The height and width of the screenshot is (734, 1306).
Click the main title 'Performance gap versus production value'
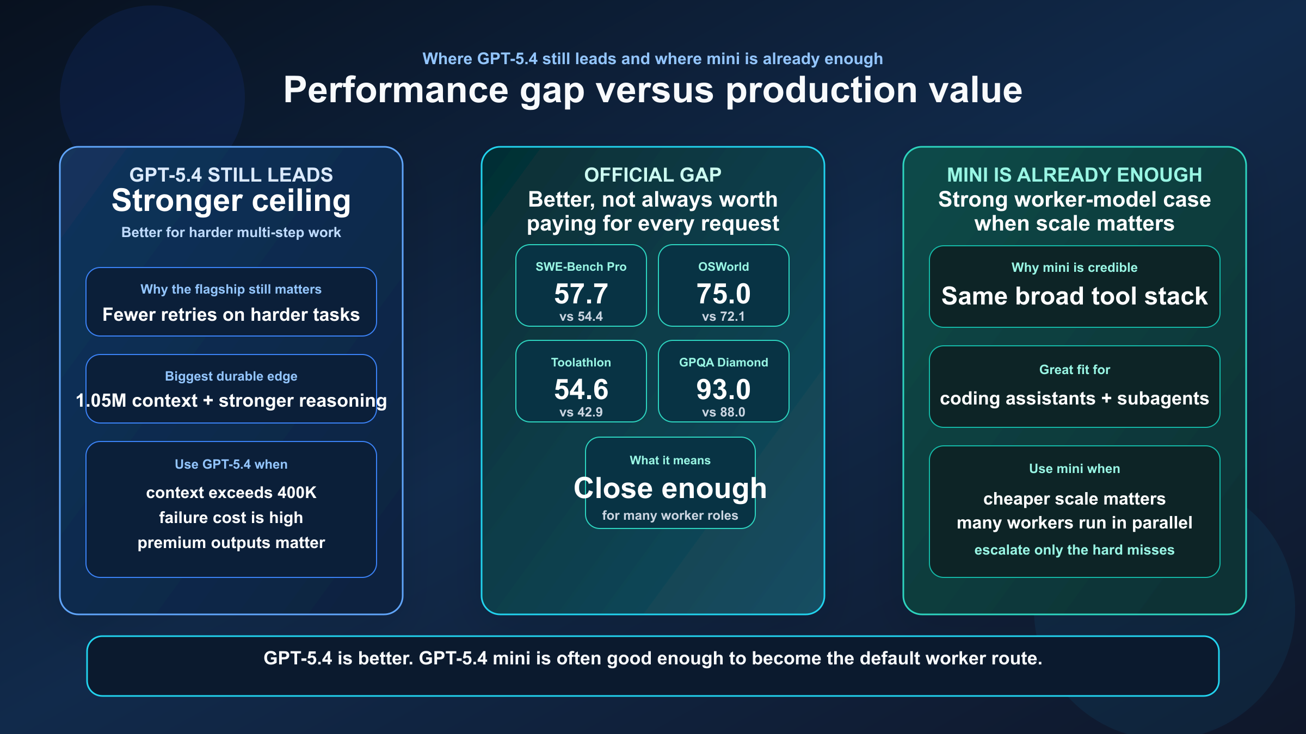click(653, 90)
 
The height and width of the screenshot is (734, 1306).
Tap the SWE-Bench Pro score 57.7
click(581, 294)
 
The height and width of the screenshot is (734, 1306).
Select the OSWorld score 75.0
click(723, 294)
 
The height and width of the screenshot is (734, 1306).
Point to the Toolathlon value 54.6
click(581, 390)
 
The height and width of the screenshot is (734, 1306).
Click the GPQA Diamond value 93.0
click(723, 390)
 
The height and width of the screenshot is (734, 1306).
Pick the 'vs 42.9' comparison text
click(581, 412)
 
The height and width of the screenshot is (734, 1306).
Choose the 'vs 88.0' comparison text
click(723, 412)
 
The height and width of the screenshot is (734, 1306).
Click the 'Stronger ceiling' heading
click(231, 201)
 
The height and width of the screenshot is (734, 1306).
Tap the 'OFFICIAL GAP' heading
click(652, 175)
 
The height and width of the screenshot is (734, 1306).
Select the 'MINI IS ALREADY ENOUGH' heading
click(1074, 175)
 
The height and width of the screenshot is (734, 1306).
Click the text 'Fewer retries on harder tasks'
click(231, 315)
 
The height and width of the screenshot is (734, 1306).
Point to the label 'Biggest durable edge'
click(231, 376)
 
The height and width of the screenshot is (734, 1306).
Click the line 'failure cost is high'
click(231, 518)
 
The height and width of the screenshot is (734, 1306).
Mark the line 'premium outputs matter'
click(231, 543)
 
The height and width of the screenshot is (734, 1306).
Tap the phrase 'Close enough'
click(670, 488)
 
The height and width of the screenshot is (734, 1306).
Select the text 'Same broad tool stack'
click(1074, 296)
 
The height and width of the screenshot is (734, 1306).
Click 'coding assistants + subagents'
click(1074, 399)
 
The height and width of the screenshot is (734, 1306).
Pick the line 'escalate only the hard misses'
click(1074, 550)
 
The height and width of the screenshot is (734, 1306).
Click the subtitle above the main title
click(652, 59)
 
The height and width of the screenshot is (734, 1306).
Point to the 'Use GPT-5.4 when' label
click(231, 464)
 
